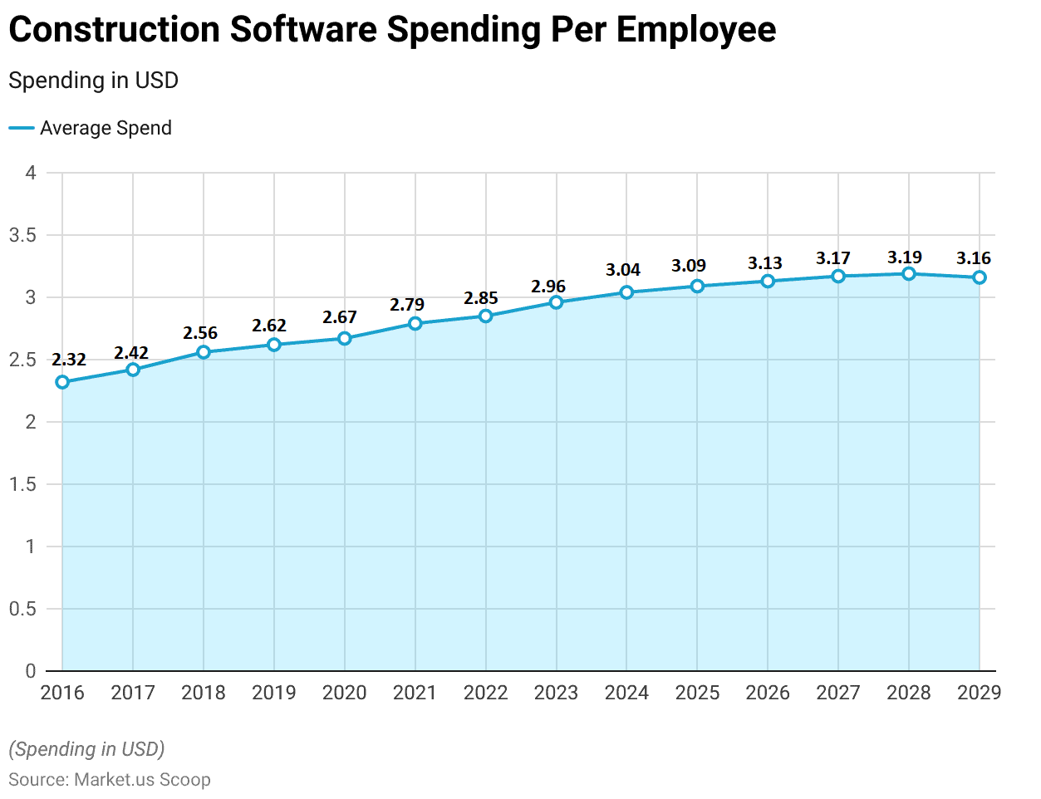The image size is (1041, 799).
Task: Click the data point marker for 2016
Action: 62,382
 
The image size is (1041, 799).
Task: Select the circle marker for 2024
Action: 626,292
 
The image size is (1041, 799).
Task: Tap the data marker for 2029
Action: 980,277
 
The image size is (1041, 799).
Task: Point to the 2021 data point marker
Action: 415,323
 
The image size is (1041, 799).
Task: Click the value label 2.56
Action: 200,333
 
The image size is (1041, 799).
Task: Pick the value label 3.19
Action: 905,257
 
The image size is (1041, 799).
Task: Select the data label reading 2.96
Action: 548,287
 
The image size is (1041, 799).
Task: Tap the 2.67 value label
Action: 340,317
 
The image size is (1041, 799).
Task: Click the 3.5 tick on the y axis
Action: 22,235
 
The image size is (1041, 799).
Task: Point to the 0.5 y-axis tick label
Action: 22,609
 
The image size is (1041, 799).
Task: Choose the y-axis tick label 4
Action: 31,173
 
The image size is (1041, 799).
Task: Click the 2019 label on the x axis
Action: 274,693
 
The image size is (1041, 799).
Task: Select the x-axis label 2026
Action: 768,693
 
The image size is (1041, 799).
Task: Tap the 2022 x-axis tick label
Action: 485,693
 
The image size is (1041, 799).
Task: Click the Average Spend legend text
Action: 106,128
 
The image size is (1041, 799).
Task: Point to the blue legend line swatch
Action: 21,128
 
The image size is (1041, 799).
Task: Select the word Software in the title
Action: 303,30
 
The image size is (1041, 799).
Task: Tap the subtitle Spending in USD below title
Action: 93,81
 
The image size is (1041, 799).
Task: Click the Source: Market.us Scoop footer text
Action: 110,780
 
